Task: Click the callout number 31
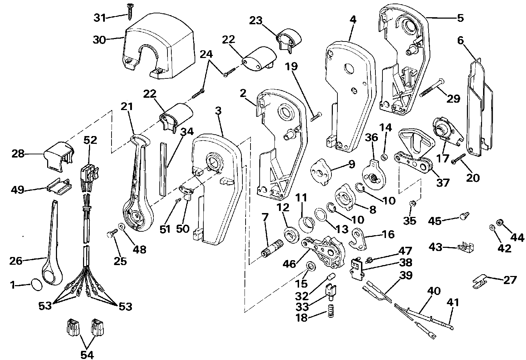(100, 18)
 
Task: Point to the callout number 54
(87, 355)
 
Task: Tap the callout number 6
(461, 41)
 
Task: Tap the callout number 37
(443, 183)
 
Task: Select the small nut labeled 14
(385, 156)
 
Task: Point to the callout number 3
(218, 112)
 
